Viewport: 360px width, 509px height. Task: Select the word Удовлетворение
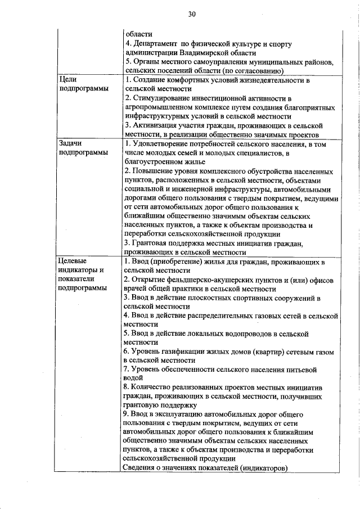(161, 144)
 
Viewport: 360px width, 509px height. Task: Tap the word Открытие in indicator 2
(148, 280)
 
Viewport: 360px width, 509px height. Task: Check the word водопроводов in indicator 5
(238, 334)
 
